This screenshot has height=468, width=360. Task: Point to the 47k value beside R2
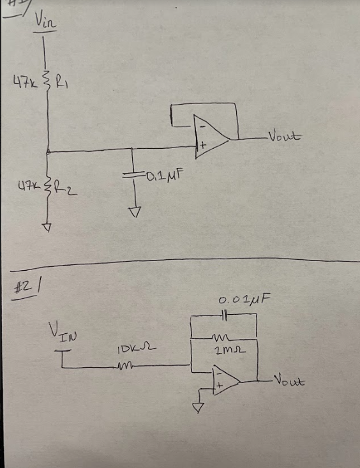pyautogui.click(x=27, y=188)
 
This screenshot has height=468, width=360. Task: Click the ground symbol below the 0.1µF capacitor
pyautogui.click(x=133, y=211)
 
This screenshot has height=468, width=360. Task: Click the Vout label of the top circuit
pyautogui.click(x=285, y=136)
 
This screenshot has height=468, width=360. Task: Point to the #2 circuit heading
pyautogui.click(x=25, y=287)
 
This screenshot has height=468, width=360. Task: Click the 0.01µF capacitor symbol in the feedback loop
pyautogui.click(x=224, y=315)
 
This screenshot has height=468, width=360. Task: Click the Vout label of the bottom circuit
pyautogui.click(x=289, y=381)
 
